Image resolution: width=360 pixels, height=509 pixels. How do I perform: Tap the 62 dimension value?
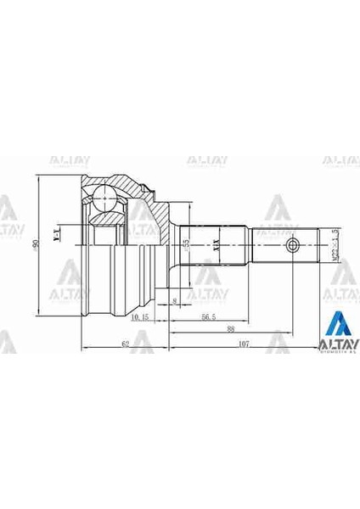click(x=124, y=344)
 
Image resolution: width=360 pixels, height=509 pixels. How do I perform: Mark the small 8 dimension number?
click(x=175, y=300)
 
